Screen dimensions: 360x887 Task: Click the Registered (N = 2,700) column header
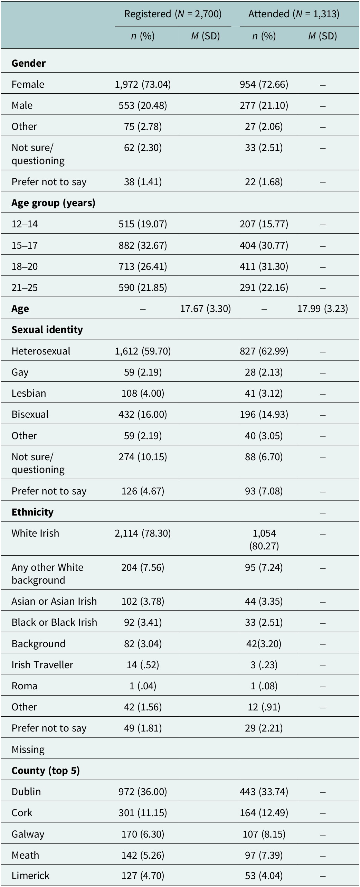click(x=173, y=14)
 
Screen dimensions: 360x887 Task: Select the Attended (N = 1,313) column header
click(x=294, y=14)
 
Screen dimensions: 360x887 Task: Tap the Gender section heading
click(x=29, y=63)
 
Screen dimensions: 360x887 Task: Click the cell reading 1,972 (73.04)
click(x=143, y=85)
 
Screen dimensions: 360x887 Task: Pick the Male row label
click(x=22, y=105)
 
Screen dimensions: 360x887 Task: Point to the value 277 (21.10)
click(x=264, y=105)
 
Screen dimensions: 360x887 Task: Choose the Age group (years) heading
click(x=53, y=203)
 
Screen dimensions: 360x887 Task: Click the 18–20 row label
click(x=25, y=266)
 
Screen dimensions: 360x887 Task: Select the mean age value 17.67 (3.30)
click(x=206, y=309)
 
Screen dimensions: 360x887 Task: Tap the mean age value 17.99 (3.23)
click(x=323, y=309)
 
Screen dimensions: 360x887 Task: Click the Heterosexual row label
click(x=41, y=351)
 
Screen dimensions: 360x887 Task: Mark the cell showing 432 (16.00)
click(x=143, y=414)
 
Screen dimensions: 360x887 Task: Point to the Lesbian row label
click(x=29, y=393)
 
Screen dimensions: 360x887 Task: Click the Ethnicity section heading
click(x=32, y=512)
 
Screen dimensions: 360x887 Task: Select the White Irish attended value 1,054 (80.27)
click(x=264, y=539)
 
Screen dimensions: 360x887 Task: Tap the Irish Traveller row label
click(x=42, y=665)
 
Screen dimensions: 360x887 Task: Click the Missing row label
click(x=28, y=749)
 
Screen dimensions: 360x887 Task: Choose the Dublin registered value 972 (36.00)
click(x=143, y=792)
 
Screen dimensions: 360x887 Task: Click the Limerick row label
click(x=30, y=876)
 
